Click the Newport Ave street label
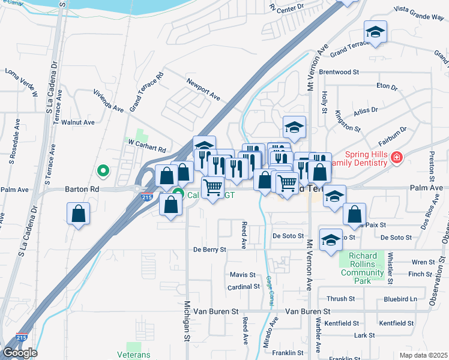coord(203,88)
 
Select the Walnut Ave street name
coord(82,122)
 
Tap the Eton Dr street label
coord(387,87)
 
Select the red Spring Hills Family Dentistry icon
coord(396,158)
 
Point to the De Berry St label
coord(209,249)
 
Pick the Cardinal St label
coord(243,287)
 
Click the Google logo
coord(20,353)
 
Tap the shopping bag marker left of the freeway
coord(79,214)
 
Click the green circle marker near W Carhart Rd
coord(103,171)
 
